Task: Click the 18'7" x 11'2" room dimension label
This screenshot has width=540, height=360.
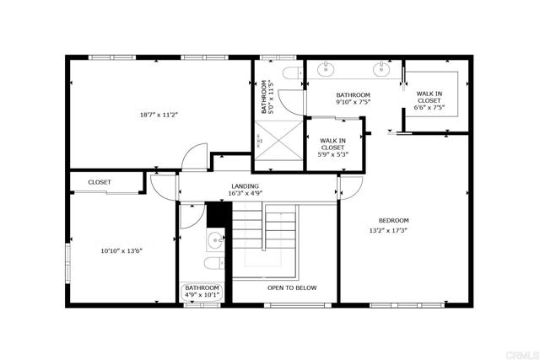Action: click(159, 114)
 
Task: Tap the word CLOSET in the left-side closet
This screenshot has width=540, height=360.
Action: click(100, 182)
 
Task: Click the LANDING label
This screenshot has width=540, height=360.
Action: click(245, 186)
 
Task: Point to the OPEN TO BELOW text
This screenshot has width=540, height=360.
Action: click(292, 288)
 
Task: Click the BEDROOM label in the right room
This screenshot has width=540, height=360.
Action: click(393, 221)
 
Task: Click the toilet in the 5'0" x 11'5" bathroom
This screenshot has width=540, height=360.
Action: click(292, 75)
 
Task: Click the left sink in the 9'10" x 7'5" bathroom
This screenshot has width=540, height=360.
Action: click(327, 68)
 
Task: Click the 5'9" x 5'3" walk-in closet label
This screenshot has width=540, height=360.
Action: click(332, 148)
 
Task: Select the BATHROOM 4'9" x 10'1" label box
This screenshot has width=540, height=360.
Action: click(202, 292)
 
